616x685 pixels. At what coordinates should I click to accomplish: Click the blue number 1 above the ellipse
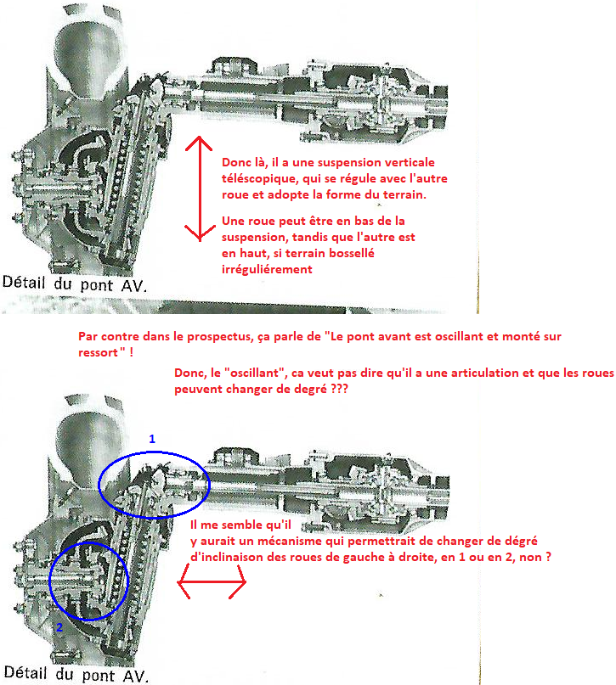point(152,439)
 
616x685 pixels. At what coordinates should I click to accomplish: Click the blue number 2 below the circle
point(59,627)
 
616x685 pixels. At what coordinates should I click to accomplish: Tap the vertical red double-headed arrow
point(200,188)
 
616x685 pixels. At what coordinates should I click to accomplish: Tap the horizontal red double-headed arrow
point(212,582)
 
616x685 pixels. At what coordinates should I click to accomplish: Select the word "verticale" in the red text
point(410,162)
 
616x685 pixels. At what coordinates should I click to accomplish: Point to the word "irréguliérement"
point(267,270)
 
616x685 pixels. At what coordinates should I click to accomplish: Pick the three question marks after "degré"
point(339,389)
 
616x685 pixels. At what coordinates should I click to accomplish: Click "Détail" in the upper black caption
point(24,282)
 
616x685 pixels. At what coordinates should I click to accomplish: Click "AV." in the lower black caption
point(136,676)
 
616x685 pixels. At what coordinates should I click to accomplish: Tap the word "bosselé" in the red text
point(355,254)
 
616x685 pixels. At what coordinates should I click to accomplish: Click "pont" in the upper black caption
point(96,286)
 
